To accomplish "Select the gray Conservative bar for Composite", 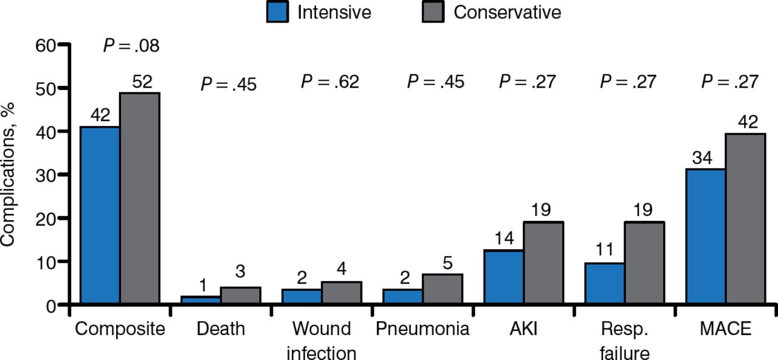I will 139,198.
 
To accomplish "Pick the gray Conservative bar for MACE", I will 745,218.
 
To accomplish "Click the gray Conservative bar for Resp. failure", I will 644,262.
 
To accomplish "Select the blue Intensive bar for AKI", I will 503,277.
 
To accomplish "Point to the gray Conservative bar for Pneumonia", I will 442,288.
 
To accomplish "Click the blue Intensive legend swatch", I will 277,12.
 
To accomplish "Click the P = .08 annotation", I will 131,46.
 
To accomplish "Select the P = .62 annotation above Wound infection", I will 330,82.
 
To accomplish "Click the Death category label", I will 221,329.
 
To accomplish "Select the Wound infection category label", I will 322,341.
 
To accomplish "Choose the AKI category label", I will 523,329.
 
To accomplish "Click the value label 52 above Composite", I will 142,82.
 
